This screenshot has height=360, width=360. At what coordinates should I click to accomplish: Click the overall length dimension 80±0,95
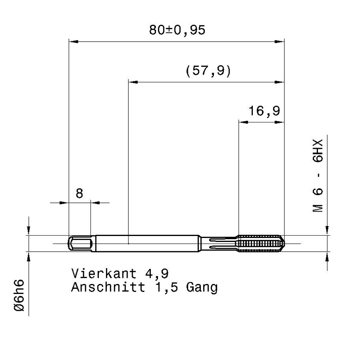pyautogui.click(x=177, y=30)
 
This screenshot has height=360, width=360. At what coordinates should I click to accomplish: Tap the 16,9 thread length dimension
pyautogui.click(x=264, y=111)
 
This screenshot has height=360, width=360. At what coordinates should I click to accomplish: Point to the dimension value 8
pyautogui.click(x=79, y=194)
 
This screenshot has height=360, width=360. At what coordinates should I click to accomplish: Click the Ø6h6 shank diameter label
pyautogui.click(x=19, y=295)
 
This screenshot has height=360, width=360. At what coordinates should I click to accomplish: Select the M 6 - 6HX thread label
pyautogui.click(x=318, y=176)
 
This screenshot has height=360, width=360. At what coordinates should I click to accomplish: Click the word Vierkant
pyautogui.click(x=104, y=273)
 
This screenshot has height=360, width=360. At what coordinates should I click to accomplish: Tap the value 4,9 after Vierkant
pyautogui.click(x=157, y=274)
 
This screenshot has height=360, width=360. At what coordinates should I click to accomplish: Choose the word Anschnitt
pyautogui.click(x=108, y=287)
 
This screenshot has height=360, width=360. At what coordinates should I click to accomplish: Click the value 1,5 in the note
pyautogui.click(x=167, y=288)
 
